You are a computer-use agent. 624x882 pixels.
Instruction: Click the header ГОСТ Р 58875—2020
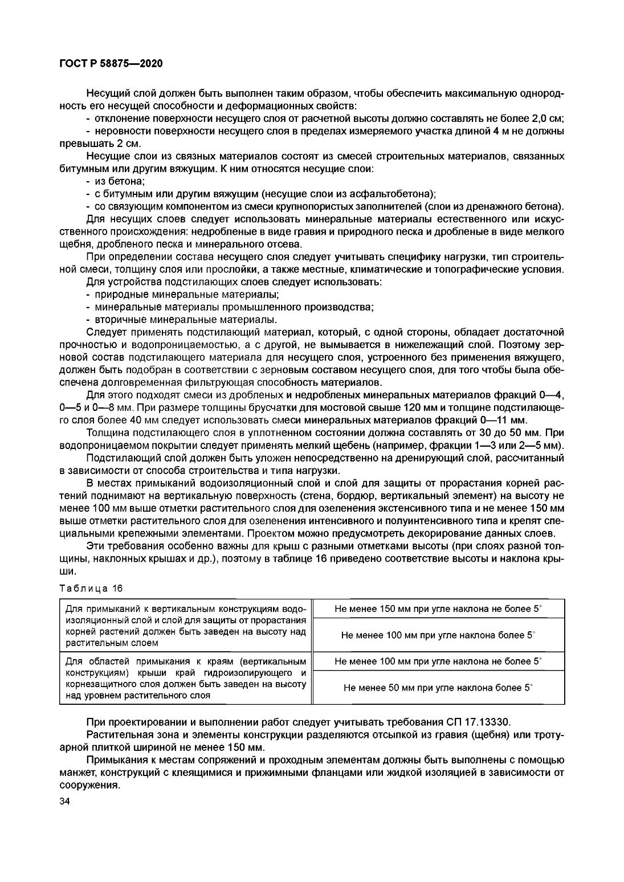coord(111,64)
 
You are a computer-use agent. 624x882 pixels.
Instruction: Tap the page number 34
coord(64,802)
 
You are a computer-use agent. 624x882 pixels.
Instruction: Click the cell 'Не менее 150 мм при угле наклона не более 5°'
coord(439,609)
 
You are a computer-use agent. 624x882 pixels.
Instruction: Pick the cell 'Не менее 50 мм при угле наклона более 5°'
coord(439,688)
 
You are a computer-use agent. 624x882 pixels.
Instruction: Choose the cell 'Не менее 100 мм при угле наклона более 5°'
coord(439,635)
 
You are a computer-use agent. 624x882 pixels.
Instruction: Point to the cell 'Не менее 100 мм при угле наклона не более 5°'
coord(439,661)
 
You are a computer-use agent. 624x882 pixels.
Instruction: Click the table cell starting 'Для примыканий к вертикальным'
coord(186,626)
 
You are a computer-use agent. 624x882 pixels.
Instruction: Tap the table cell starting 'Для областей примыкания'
coord(186,678)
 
